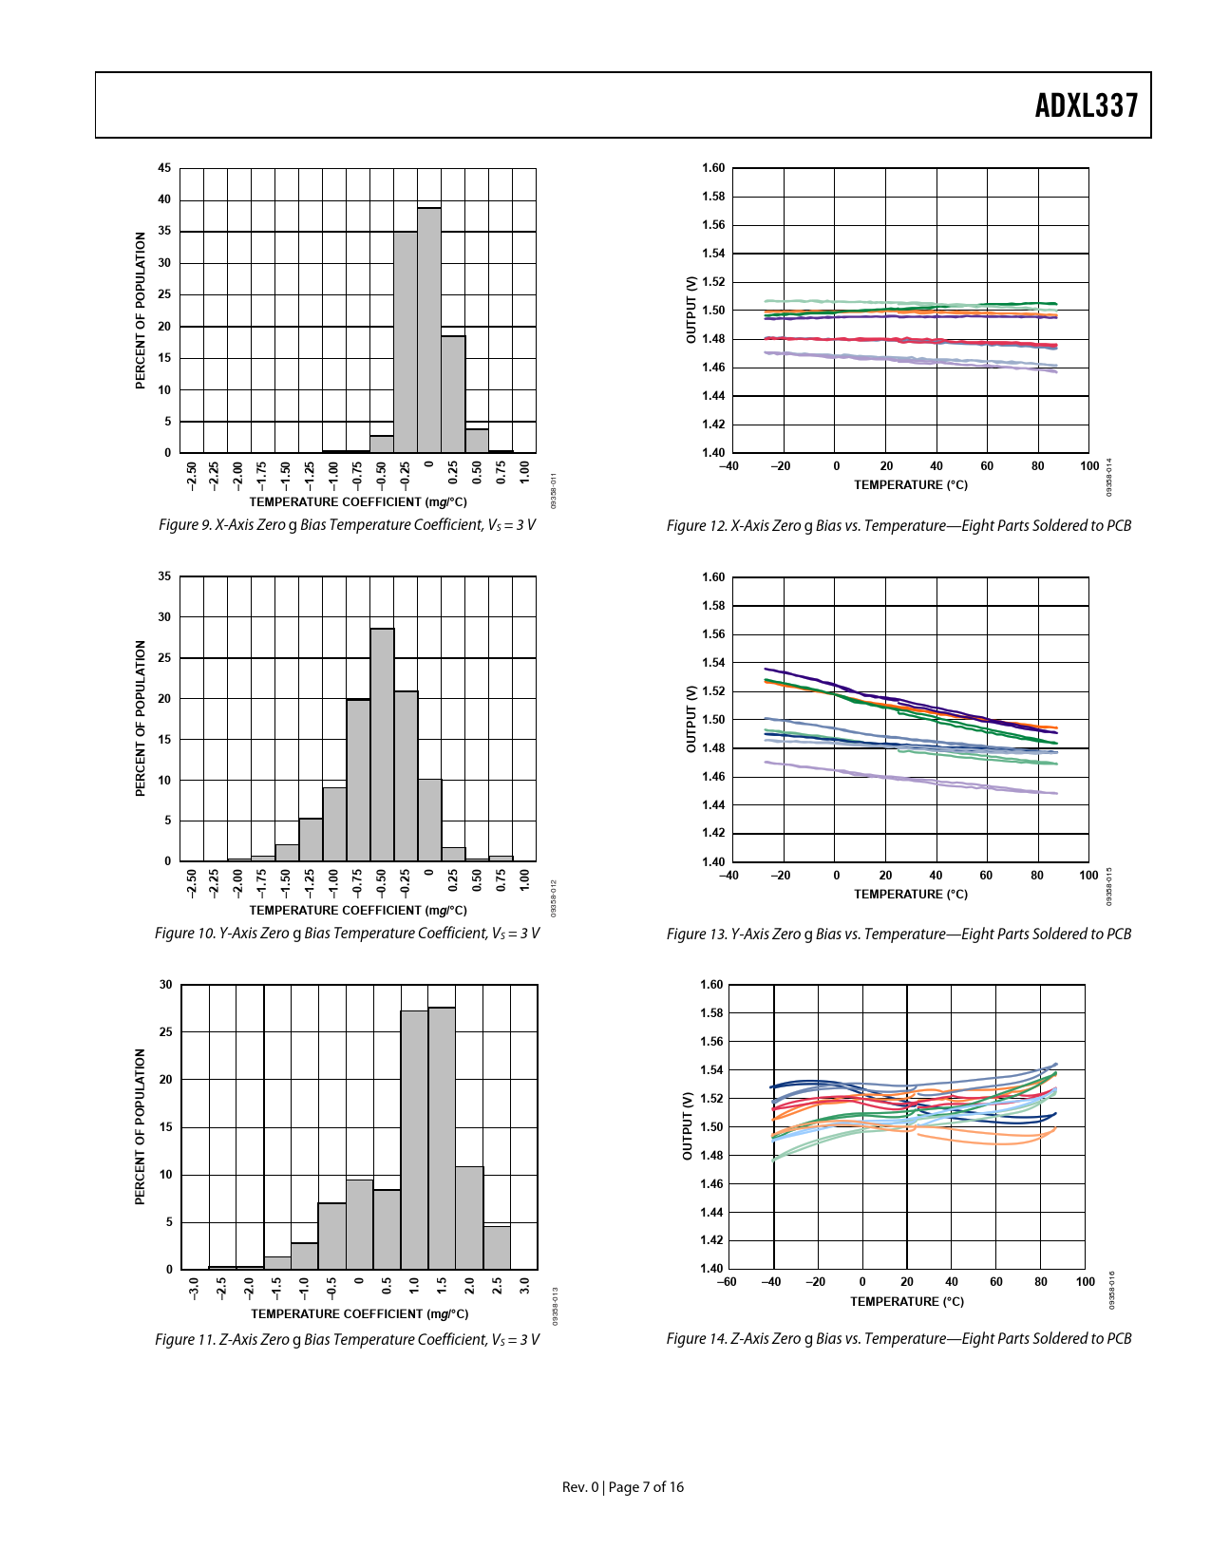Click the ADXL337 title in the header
pos(1086,105)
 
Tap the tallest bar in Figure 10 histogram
pos(382,745)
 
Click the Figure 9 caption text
pos(347,525)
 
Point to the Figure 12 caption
pos(899,526)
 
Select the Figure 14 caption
pos(899,1339)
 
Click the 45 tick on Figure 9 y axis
pos(164,168)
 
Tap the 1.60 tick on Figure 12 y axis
pos(713,168)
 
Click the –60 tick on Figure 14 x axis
pos(726,1282)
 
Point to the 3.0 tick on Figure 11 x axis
pos(524,1288)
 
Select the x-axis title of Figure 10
pos(358,910)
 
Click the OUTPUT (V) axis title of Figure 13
pos(691,719)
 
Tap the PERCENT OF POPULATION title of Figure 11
pos(141,1126)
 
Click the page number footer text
pos(623,1487)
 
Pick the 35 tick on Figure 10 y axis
pos(164,576)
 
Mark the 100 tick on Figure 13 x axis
pos(1088,876)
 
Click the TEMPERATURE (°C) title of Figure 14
pos(906,1302)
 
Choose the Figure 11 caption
pos(347,1340)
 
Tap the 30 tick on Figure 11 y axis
pos(166,985)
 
